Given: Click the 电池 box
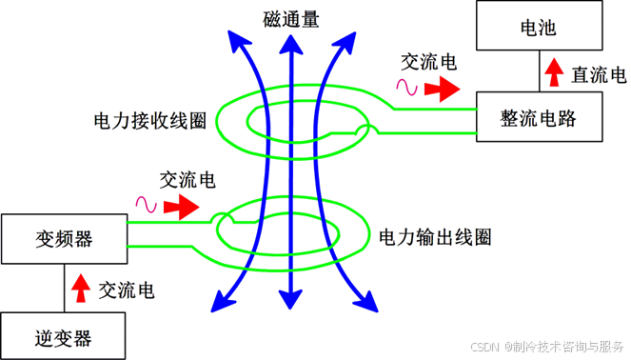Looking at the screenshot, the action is point(540,26).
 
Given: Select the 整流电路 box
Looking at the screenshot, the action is point(540,117).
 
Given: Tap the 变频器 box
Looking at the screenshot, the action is point(65,239).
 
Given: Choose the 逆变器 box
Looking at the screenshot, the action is point(63,336).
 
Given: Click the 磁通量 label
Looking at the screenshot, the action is point(291,19).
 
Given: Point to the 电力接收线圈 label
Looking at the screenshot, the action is point(150,120).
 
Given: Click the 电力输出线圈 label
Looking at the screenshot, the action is point(435,237).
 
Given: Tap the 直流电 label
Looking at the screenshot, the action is point(599,75).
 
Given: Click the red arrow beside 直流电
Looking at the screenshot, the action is point(554,72).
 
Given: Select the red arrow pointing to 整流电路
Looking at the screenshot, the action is point(443,89).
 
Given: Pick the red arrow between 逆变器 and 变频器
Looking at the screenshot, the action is point(81,288).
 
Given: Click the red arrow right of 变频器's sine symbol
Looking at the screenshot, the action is point(182,207).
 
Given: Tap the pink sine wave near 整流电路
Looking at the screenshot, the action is point(406,87).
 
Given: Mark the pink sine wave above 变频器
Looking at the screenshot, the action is point(146,205).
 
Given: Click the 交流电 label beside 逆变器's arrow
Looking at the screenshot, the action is point(127,290).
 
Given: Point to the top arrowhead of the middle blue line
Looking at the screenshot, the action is point(291,44).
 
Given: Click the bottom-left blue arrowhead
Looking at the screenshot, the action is point(222,301).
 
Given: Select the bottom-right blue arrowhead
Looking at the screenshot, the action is point(366,301).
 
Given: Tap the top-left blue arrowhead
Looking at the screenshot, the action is point(237,41).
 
